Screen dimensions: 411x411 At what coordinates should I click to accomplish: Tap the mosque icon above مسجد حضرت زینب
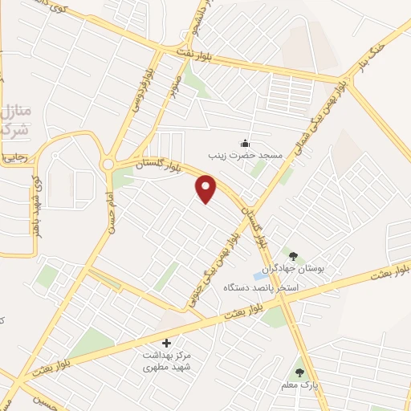pos(243,144)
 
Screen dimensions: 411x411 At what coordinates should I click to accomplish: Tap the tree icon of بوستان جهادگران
pos(293,256)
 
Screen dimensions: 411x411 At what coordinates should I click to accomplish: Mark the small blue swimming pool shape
pos(259,277)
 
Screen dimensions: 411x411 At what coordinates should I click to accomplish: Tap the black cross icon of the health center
pos(167,343)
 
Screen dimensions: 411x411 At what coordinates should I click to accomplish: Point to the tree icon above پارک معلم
pos(299,372)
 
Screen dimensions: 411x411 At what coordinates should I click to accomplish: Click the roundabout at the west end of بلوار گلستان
pos(108,165)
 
